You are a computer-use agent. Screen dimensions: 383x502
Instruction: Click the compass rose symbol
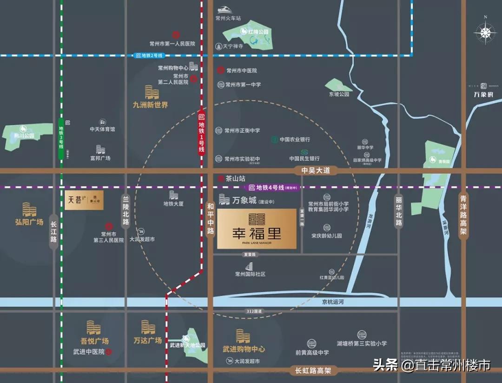point(485,33)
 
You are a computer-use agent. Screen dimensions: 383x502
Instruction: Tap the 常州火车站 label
point(228,19)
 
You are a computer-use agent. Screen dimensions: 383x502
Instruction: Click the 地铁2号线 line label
point(149,55)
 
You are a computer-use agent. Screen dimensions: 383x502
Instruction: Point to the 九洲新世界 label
point(150,105)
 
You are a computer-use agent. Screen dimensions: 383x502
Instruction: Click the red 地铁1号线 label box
point(201,134)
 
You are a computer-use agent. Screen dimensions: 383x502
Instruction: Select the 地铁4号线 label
point(273,188)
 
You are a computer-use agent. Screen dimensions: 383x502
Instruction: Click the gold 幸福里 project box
point(256,228)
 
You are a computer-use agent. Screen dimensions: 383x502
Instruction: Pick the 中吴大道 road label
point(316,171)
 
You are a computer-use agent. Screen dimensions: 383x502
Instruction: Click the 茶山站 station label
point(235,178)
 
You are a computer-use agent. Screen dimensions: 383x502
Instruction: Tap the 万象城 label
point(244,201)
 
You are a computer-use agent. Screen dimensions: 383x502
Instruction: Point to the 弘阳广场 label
point(29,222)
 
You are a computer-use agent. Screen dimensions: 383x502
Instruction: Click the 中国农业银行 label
point(295,139)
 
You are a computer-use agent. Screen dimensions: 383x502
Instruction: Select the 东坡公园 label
point(339,94)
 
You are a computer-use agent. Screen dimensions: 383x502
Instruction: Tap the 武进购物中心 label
point(244,349)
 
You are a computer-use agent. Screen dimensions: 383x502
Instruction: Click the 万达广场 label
point(147,340)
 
